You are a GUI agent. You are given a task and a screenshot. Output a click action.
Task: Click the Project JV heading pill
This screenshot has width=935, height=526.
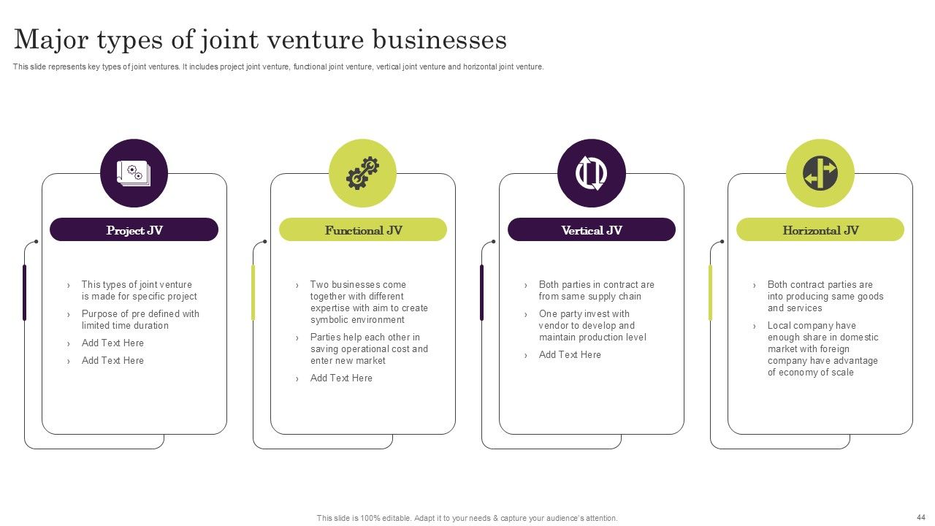point(134,230)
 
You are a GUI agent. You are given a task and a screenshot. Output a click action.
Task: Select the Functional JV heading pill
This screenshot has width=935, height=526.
point(363,230)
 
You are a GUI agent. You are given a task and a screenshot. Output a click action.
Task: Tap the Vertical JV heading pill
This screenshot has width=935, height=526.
point(592,230)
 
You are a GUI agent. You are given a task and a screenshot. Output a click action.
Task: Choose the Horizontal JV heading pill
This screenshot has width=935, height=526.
point(820,230)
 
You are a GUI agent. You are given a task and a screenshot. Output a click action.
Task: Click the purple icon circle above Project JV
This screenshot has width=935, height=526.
point(134,173)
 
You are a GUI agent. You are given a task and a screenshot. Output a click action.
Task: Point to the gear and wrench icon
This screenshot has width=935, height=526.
point(362,174)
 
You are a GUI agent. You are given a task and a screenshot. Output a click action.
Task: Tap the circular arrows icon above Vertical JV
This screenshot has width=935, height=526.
point(592,174)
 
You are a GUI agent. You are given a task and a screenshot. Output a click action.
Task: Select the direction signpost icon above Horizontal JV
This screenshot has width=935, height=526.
point(820,174)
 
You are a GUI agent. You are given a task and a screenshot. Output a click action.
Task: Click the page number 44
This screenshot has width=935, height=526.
point(920,517)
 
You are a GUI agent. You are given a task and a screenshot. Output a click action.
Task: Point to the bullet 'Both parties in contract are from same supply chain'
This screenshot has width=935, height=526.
point(596,291)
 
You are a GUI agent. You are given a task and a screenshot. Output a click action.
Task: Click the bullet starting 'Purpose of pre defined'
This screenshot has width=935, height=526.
point(140,320)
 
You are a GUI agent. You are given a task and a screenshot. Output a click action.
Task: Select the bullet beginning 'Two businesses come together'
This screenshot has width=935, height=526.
point(369,302)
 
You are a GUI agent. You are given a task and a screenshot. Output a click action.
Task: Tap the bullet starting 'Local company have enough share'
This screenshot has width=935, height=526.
point(823,349)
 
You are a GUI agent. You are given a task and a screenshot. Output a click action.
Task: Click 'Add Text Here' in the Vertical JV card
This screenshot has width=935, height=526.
point(570,355)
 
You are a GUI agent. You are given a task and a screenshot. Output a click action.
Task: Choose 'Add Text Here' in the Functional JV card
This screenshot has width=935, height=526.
point(341,378)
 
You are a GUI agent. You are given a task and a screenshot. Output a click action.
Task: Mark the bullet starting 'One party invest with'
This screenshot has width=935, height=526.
point(592,326)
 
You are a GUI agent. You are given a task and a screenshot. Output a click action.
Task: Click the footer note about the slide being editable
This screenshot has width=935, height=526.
point(467,518)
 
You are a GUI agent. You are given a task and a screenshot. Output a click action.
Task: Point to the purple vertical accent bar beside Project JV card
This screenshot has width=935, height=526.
point(25,292)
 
